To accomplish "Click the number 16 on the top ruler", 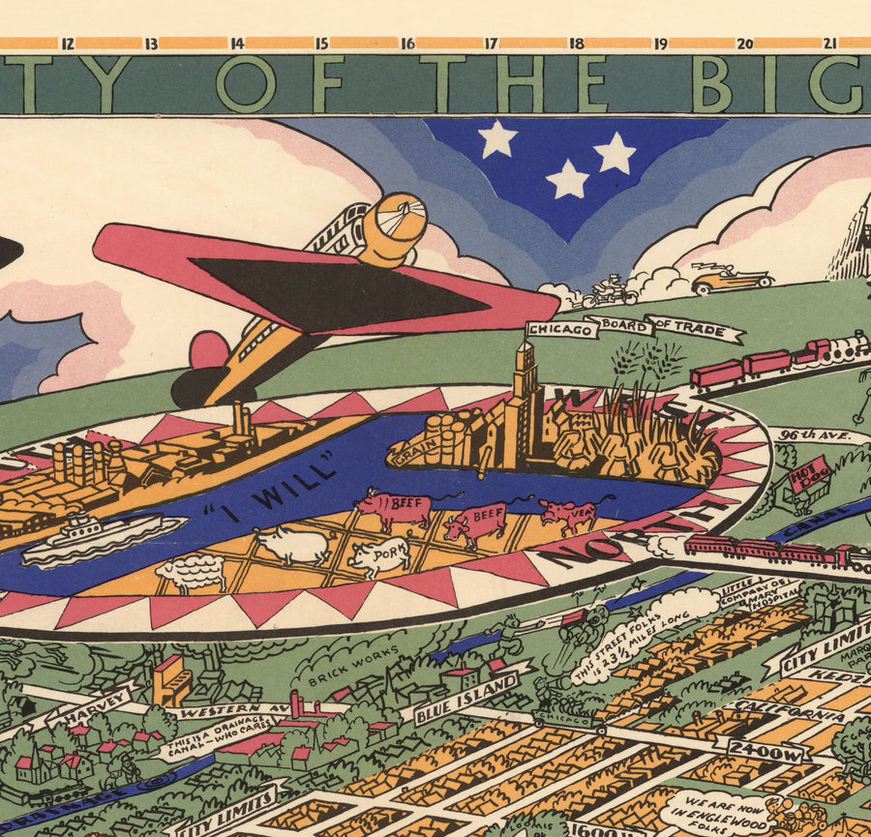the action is click(x=407, y=44).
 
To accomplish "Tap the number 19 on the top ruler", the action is click(x=661, y=44).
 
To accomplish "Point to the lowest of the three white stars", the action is click(x=567, y=180).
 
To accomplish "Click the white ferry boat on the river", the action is click(x=103, y=537).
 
